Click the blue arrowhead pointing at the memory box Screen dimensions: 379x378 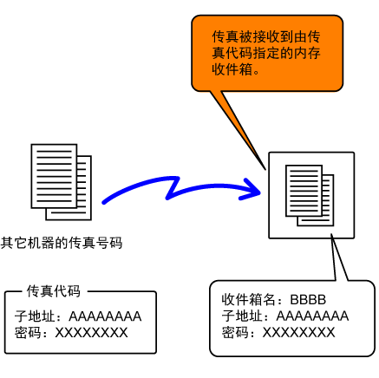coord(251,190)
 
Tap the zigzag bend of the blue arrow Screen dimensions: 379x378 coord(173,188)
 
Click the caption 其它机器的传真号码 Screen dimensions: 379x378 coord(62,243)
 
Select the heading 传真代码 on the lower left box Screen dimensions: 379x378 coord(54,291)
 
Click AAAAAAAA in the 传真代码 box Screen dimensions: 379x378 coord(105,316)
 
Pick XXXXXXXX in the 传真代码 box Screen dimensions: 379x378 coord(91,333)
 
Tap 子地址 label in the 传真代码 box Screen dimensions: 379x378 coord(35,316)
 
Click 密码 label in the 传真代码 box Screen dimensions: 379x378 coord(28,333)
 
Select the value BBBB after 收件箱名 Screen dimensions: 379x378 coord(308,300)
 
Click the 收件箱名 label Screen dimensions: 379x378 coord(248,299)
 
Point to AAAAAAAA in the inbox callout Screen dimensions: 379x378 coord(312,316)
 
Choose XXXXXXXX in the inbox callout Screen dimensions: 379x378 coord(298,332)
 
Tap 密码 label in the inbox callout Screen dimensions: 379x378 coord(235,332)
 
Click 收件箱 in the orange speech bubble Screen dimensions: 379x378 coord(232,69)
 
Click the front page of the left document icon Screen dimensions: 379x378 coord(54,176)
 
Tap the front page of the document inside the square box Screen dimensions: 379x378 coord(304,191)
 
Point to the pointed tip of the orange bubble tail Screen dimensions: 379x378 coord(265,170)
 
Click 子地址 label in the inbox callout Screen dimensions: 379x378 coord(242,316)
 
